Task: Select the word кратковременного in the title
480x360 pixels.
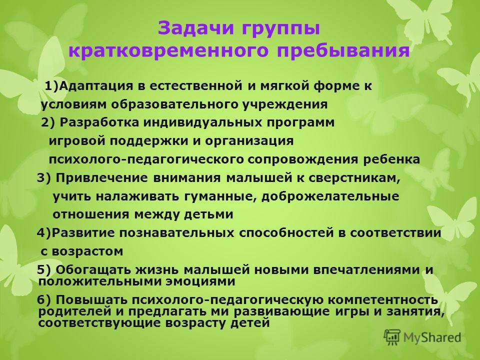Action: pos(168,50)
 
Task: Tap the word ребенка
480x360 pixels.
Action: pos(391,159)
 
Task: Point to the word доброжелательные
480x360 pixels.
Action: pos(330,196)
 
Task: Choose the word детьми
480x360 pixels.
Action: pos(208,214)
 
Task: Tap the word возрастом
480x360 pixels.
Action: pos(87,251)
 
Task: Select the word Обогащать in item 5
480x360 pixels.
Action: pos(94,270)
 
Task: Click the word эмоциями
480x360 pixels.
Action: pos(201,281)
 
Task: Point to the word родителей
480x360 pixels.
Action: pos(74,311)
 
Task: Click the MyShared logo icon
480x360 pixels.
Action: pos(392,337)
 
